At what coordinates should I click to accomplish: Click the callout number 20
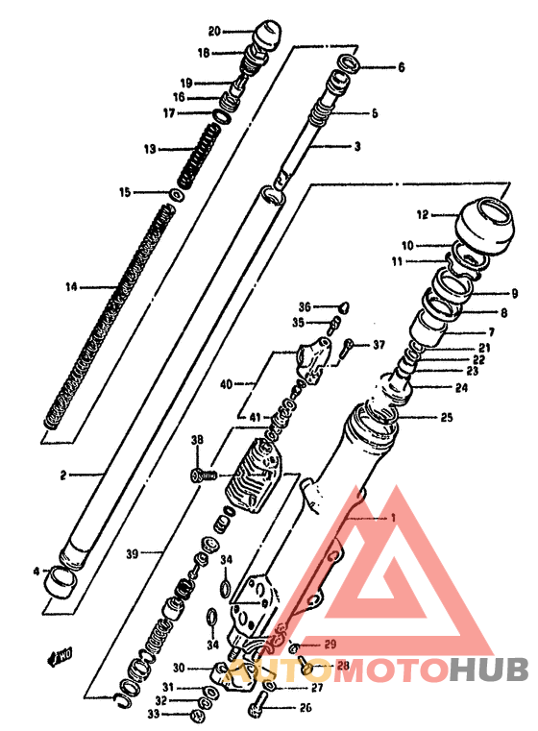tap(213, 31)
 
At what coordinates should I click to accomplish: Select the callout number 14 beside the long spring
tap(70, 286)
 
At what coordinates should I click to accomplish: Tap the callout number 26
tap(306, 710)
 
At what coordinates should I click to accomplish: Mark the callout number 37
tap(379, 345)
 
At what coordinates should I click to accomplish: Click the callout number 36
tap(303, 306)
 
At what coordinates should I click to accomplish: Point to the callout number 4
tap(36, 572)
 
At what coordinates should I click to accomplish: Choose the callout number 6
tap(401, 68)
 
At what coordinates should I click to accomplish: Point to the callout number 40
tap(226, 384)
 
